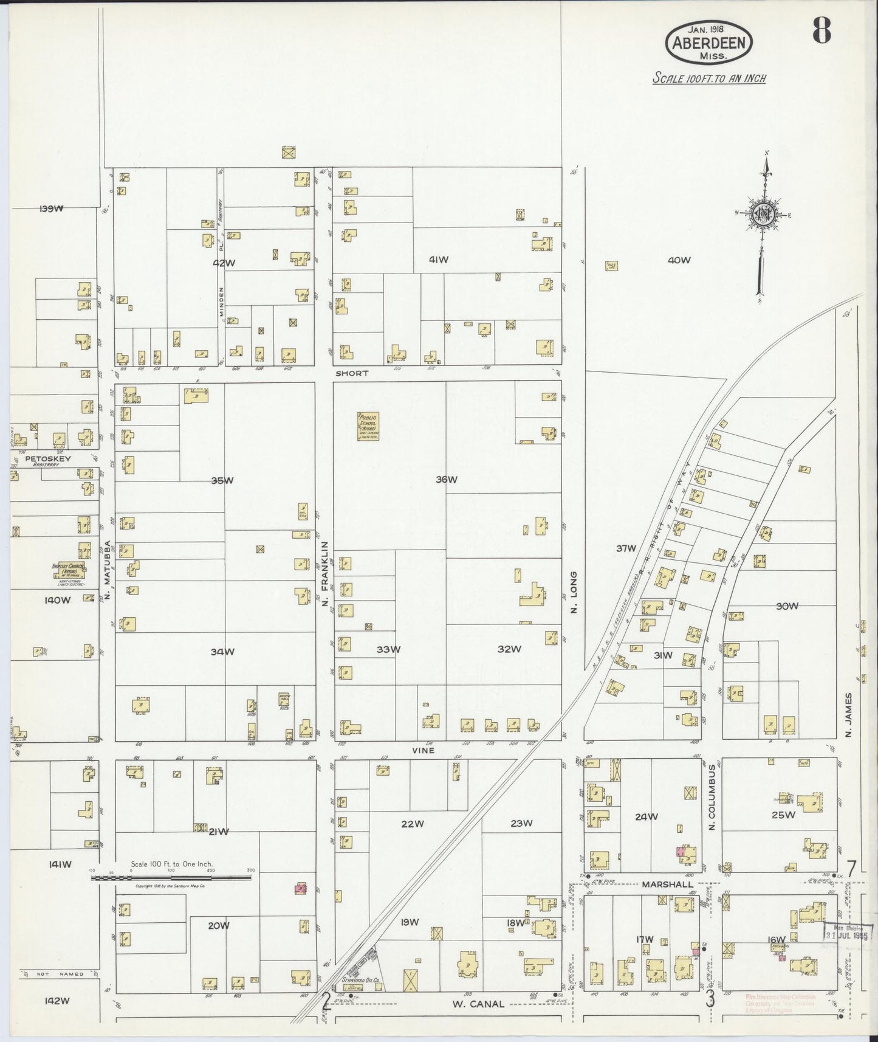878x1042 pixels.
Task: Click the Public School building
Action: (368, 426)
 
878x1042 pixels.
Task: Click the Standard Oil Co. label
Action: (359, 979)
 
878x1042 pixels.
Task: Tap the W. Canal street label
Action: (478, 1004)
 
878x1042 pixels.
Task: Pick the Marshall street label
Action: (667, 884)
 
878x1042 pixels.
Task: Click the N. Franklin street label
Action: (325, 572)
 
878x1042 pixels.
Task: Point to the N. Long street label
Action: (572, 592)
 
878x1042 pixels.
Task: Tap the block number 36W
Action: (445, 480)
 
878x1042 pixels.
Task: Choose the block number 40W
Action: (679, 260)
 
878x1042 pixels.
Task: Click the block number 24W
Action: (646, 816)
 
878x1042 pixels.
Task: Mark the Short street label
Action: (352, 373)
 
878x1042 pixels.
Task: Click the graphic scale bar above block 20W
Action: (172, 877)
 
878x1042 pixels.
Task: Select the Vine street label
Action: (423, 750)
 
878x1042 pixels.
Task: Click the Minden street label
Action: (222, 302)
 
